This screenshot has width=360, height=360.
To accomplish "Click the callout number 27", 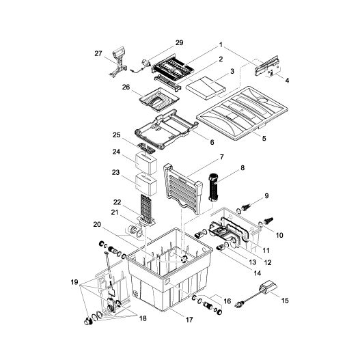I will [x=98, y=53].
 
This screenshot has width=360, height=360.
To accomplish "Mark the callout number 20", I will [x=98, y=225].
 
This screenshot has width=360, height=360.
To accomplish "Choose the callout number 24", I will [x=117, y=152].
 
